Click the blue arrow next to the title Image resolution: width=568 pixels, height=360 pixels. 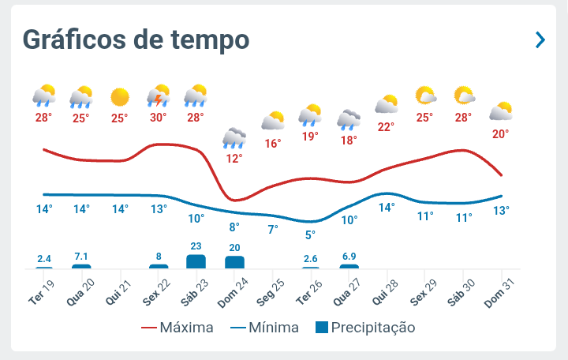click(x=540, y=39)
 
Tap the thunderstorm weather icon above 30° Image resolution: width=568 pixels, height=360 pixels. click(x=159, y=96)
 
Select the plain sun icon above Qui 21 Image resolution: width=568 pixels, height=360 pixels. click(x=120, y=97)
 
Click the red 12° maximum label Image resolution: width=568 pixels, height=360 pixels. click(x=234, y=159)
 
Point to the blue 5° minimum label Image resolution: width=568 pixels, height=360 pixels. click(x=310, y=234)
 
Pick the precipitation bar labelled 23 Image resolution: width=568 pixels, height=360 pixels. click(x=196, y=261)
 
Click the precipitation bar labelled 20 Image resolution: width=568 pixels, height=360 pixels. click(x=234, y=262)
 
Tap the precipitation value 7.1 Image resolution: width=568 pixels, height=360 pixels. click(x=81, y=257)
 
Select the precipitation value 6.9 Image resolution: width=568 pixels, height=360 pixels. click(x=349, y=257)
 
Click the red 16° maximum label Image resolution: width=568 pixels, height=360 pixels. click(x=273, y=144)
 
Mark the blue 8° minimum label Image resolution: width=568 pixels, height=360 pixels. click(x=234, y=227)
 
